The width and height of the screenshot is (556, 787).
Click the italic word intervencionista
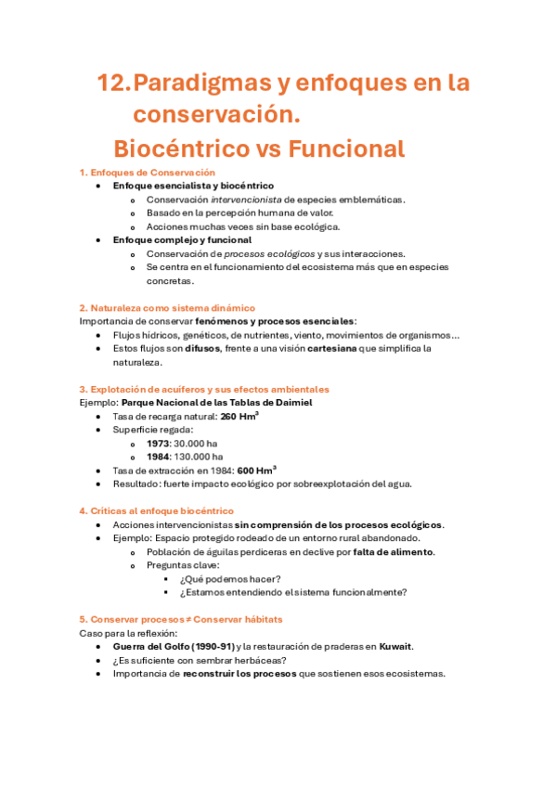(245, 200)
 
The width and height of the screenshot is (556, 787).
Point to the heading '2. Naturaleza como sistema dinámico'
(167, 307)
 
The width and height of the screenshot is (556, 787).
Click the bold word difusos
(202, 349)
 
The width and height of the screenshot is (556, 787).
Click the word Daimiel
(292, 403)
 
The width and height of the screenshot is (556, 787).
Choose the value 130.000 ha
(200, 457)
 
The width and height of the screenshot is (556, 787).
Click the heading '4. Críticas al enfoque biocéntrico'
(156, 511)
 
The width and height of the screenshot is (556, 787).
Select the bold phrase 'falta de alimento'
(394, 552)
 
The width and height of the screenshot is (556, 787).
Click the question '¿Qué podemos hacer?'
(228, 579)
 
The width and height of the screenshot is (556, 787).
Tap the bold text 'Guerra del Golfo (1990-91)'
(173, 647)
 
